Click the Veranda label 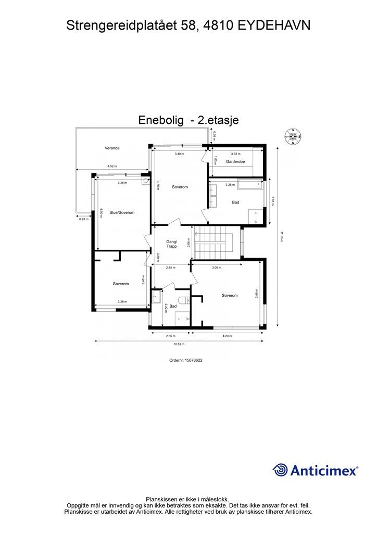click(112, 148)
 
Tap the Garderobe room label click(235, 162)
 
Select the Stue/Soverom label click(122, 212)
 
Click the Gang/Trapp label click(171, 244)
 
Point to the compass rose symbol click(293, 136)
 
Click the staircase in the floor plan click(212, 243)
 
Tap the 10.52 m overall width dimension click(179, 344)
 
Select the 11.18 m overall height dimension click(282, 237)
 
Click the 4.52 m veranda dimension click(112, 166)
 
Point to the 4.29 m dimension click(227, 336)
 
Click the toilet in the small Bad click(184, 300)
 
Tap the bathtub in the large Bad click(250, 185)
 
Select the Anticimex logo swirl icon click(280, 470)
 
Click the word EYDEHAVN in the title click(274, 25)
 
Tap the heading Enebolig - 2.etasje click(188, 120)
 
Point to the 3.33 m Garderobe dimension click(235, 154)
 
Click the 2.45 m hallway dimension click(171, 268)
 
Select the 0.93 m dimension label click(84, 219)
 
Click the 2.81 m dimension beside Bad click(272, 200)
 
